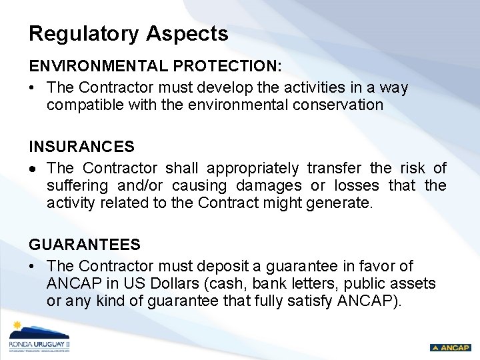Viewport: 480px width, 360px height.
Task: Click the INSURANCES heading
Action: (x=81, y=147)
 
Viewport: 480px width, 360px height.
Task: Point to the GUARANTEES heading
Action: (x=84, y=245)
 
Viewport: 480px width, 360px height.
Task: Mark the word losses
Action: (x=357, y=185)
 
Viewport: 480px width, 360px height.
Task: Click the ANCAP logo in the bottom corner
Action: (x=450, y=347)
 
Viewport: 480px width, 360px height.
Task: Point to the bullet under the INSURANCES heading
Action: (x=32, y=168)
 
